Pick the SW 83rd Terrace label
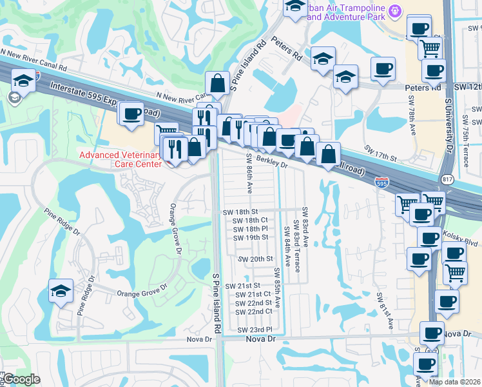tap(297, 246)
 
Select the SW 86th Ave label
tap(249, 174)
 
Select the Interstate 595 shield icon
tap(382, 183)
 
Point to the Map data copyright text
tap(454, 382)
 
